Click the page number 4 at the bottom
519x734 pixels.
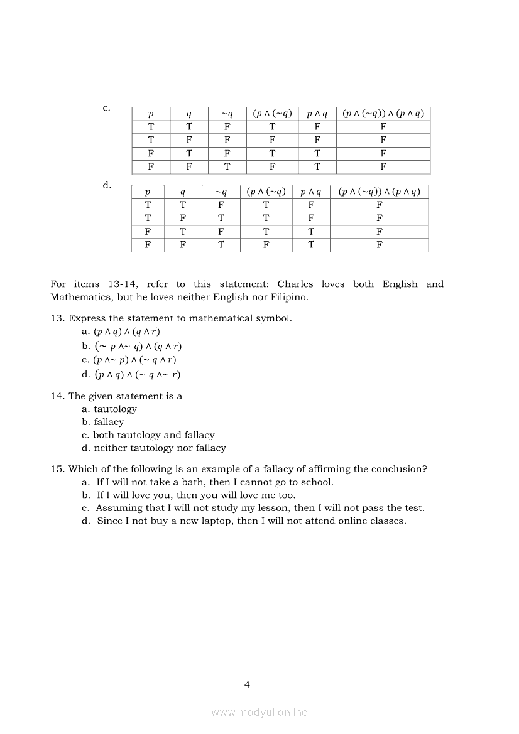point(247,684)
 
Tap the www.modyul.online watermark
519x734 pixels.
point(259,712)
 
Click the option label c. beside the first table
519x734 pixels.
point(106,108)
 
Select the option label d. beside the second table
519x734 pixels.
point(107,185)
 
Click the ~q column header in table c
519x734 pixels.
point(227,114)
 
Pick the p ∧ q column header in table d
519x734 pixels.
point(310,192)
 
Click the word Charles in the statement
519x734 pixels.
point(295,284)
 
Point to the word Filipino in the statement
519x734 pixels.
point(288,297)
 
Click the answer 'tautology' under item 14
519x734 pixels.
point(115,409)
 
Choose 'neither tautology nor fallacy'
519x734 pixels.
point(160,448)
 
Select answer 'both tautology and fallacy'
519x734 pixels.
point(154,435)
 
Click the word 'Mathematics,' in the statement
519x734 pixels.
point(82,297)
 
